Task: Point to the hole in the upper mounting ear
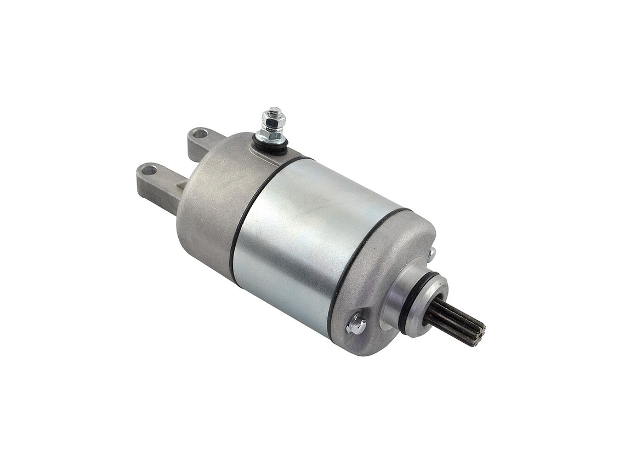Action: (x=200, y=133)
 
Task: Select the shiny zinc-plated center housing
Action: (x=307, y=241)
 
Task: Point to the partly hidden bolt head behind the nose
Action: (x=431, y=253)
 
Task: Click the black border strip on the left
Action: (x=38, y=234)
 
